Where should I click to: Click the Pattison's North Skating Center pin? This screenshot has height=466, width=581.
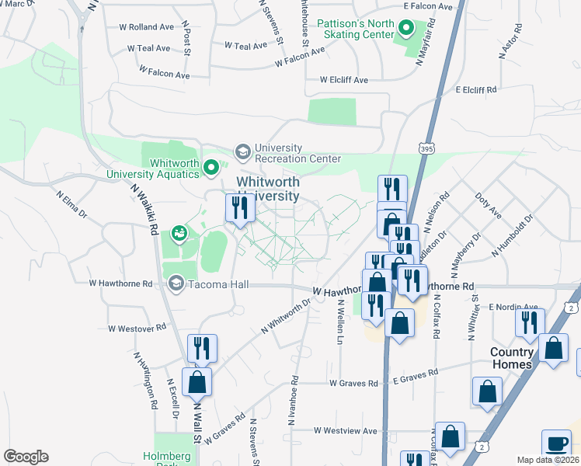405,30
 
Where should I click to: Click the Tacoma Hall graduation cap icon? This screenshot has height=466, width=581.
176,284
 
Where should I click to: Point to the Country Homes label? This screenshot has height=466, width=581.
512,358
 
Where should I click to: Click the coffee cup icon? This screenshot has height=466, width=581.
555,443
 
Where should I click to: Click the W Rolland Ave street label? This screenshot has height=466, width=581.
146,26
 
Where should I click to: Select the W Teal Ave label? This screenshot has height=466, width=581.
148,48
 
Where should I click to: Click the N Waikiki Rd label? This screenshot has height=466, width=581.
144,208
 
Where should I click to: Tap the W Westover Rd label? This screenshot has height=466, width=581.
137,329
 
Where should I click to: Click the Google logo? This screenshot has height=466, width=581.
26,457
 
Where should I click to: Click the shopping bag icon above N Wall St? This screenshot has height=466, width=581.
197,382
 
